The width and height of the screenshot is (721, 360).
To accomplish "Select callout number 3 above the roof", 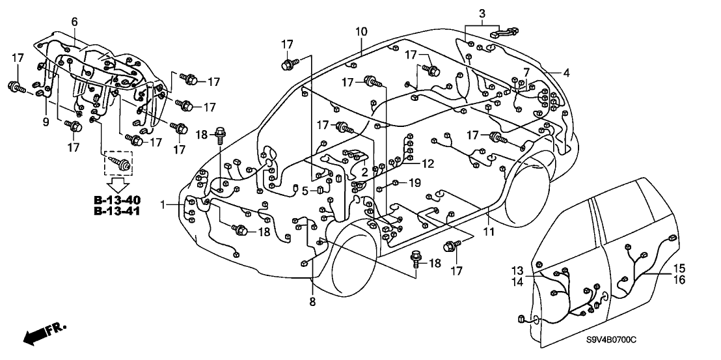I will click(482, 13).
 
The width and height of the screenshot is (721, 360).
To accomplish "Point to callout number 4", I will click(566, 74).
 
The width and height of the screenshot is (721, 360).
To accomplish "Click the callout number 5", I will click(305, 191).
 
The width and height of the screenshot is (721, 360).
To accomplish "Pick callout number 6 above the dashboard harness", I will click(74, 21).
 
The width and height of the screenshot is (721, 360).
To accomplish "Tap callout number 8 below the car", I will click(314, 301).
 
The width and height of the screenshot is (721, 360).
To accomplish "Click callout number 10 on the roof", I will click(361, 31).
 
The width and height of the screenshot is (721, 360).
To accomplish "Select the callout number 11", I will click(489, 231).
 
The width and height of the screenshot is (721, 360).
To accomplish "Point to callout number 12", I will click(426, 163).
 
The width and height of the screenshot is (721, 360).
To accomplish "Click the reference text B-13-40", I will click(117, 199).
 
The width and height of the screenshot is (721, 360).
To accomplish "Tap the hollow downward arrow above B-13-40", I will click(118, 186).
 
